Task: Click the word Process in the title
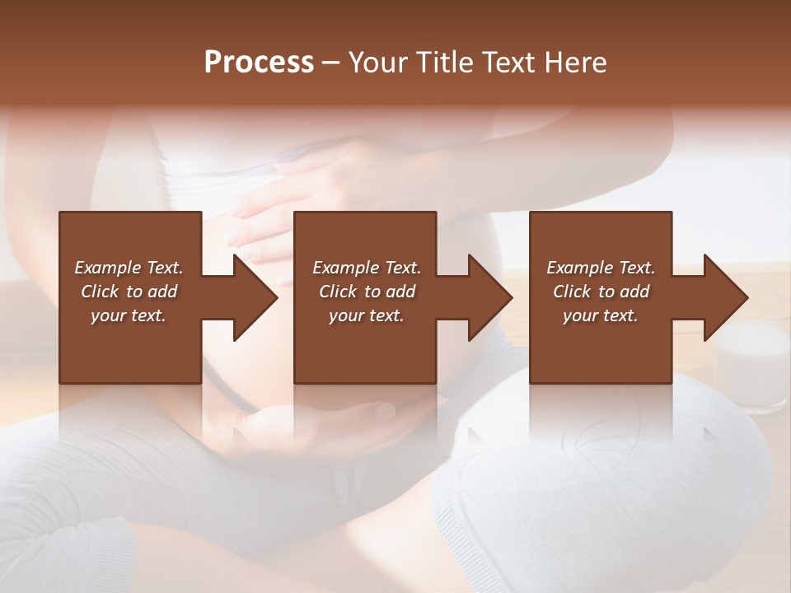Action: click(259, 63)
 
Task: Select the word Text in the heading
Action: click(509, 63)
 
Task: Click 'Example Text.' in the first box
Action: click(129, 268)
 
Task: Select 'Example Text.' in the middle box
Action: click(367, 268)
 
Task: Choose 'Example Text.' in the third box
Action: click(601, 268)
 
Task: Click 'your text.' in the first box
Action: click(129, 315)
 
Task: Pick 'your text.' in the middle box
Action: click(367, 315)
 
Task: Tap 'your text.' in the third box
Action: click(601, 315)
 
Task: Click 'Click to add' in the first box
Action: click(129, 292)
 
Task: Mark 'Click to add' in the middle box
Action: click(367, 292)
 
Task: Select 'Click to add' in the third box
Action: click(601, 292)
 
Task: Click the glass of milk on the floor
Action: click(751, 367)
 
